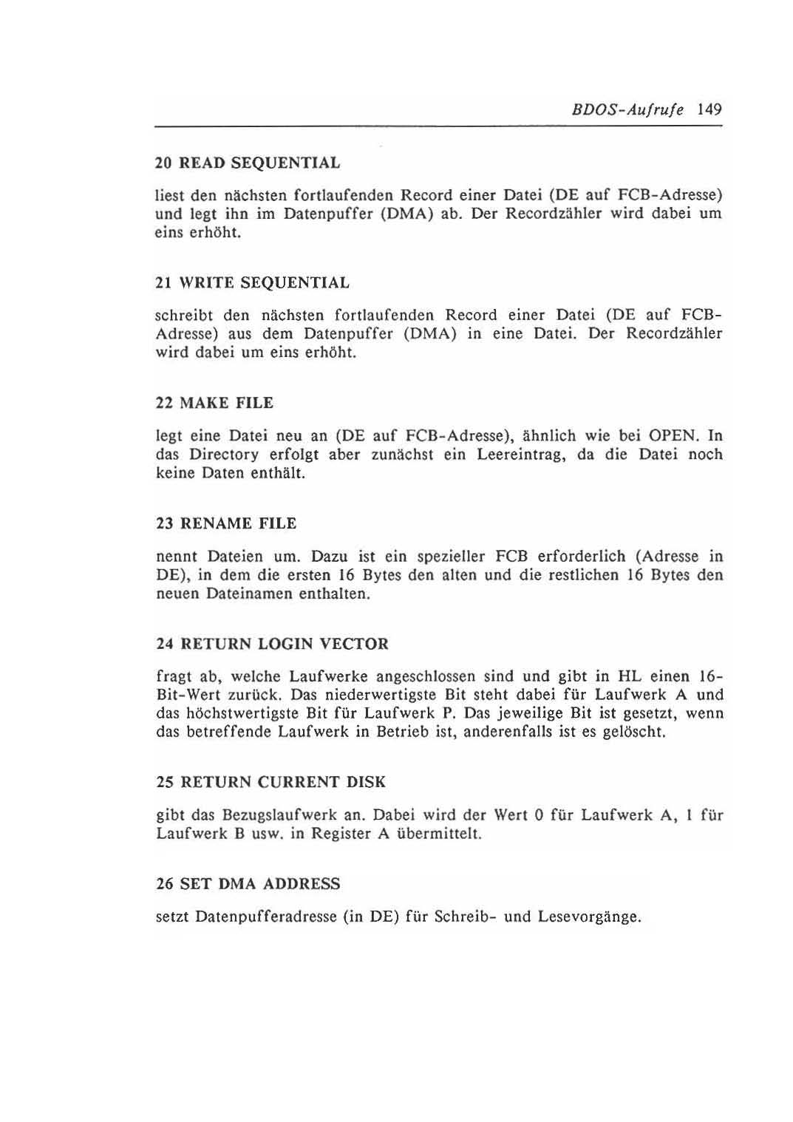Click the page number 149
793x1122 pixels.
tap(707, 110)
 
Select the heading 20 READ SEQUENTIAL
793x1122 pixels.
tap(248, 163)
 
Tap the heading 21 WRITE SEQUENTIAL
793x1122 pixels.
tap(253, 283)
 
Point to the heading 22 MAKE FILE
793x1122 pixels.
tap(215, 404)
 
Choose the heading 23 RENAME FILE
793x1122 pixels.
tap(226, 524)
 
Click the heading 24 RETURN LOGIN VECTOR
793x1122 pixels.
tap(272, 645)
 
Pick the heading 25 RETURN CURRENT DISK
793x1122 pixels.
tap(271, 782)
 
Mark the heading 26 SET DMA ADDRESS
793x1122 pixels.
tap(248, 884)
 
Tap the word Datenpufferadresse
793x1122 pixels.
tap(265, 918)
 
